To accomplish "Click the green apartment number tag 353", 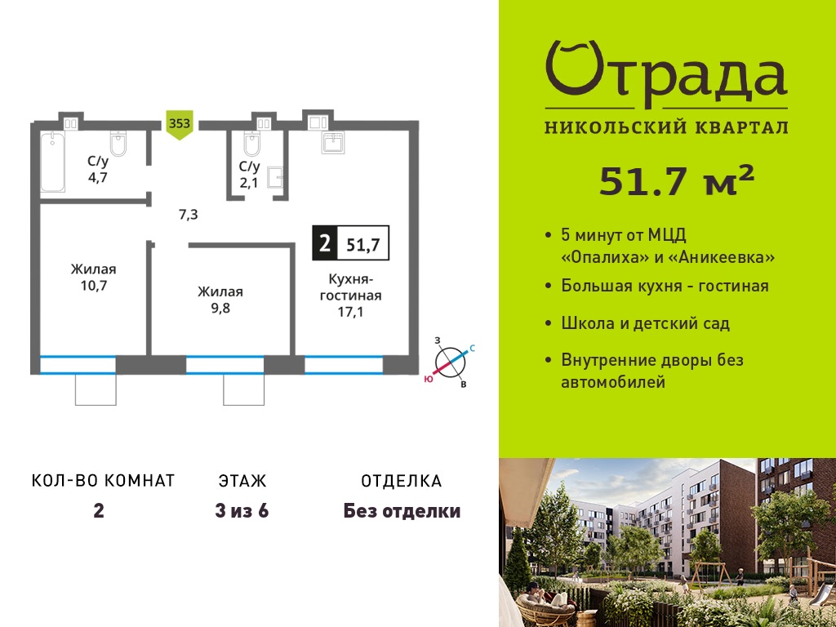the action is tap(180, 125).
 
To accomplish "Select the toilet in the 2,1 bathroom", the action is tap(251, 143).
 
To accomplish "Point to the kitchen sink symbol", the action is tap(333, 142).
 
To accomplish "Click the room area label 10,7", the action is tap(94, 286).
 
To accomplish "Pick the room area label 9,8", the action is tap(220, 308).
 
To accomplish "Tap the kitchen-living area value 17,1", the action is tap(350, 312).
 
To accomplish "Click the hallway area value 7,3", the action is tap(189, 215).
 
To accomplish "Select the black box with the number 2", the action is tap(324, 243).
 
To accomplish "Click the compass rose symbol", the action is tap(451, 362).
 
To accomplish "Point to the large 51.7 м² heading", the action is tap(677, 180).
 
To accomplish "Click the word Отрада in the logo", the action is tap(666, 74).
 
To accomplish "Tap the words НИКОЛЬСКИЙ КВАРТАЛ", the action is tap(666, 127).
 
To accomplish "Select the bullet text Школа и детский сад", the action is tap(645, 323).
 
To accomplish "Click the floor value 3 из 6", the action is tap(242, 511).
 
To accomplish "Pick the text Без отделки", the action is tap(402, 511).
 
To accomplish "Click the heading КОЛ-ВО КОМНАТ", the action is tap(104, 481).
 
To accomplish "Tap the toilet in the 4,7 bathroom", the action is tap(118, 144).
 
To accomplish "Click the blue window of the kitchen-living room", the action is tap(344, 365).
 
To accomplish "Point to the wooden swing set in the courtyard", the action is tap(711, 572).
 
